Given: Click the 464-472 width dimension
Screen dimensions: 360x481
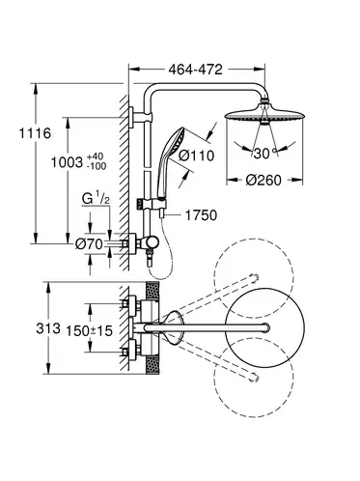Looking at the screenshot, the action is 195,70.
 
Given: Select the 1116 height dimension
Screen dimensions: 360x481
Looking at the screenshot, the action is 35,133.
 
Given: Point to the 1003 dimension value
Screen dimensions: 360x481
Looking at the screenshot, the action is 68,162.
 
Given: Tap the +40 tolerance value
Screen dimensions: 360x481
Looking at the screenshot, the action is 96,156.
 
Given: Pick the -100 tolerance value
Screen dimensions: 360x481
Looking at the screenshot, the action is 97,166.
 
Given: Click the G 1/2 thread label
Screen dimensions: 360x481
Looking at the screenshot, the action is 96,199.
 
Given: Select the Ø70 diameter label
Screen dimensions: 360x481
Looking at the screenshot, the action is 89,244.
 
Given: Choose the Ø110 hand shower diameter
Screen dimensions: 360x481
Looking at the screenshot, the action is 196,156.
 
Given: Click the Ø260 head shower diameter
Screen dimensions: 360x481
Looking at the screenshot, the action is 263,180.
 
